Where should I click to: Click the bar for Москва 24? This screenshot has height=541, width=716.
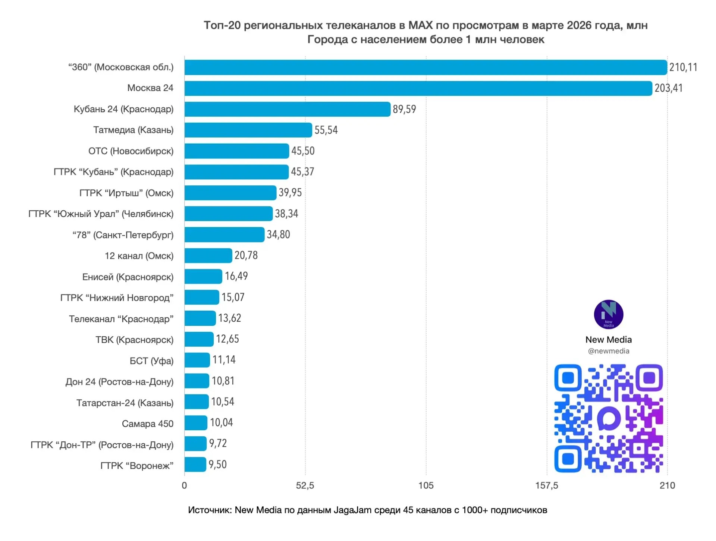coord(418,88)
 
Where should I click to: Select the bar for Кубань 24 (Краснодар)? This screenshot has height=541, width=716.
coord(287,109)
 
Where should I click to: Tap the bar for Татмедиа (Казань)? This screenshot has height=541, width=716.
coord(248,130)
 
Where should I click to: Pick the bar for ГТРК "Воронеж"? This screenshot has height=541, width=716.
coord(195,465)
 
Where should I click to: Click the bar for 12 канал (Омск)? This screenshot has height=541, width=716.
coord(208,256)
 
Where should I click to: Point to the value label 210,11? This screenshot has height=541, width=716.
coord(683,67)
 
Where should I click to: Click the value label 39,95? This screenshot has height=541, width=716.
coord(290,193)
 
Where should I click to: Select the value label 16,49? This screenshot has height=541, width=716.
coord(236,276)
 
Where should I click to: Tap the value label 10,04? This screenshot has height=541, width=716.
coord(221,423)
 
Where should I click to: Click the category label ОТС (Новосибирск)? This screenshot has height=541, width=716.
coord(131,151)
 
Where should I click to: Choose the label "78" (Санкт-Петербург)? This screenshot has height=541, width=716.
coord(123,235)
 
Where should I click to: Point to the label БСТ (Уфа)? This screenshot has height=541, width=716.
coord(151,361)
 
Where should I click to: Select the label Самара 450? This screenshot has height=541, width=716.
coord(148,424)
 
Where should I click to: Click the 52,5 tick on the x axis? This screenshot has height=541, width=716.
coord(305,485)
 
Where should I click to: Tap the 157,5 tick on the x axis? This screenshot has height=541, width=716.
coord(547,485)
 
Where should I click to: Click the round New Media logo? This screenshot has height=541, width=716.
coord(608,314)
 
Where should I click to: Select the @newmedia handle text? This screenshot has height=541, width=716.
coord(608,351)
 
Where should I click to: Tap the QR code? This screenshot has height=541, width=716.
coord(608,418)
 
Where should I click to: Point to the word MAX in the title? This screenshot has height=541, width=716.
coord(420,25)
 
